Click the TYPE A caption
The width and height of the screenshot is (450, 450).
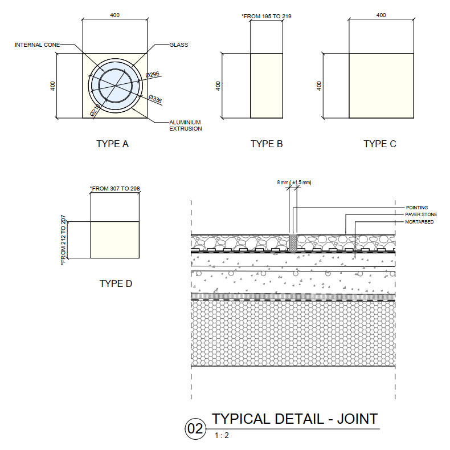coord(112,144)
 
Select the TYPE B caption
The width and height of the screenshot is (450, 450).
coord(267,144)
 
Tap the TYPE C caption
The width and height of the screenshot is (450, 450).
coord(380,144)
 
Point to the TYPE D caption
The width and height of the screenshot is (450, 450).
coord(116,283)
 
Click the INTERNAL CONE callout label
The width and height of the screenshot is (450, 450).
coord(37,44)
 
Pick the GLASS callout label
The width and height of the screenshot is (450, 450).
coord(178,44)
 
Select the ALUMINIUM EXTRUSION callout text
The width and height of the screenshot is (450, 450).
coord(185,125)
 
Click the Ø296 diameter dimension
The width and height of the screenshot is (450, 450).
coord(152,75)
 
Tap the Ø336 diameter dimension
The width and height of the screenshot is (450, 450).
coord(155,99)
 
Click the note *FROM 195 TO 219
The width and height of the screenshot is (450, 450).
coord(267,17)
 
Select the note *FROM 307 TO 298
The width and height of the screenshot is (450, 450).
coord(115,188)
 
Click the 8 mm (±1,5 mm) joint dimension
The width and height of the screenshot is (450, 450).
coord(294,183)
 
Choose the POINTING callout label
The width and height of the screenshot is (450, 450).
coord(416,208)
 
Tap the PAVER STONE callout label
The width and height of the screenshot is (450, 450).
coord(421,214)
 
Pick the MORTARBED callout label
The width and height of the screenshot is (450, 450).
coord(419,221)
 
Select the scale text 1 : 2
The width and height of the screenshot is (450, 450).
coord(222,436)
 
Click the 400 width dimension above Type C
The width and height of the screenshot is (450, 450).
coord(381,15)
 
